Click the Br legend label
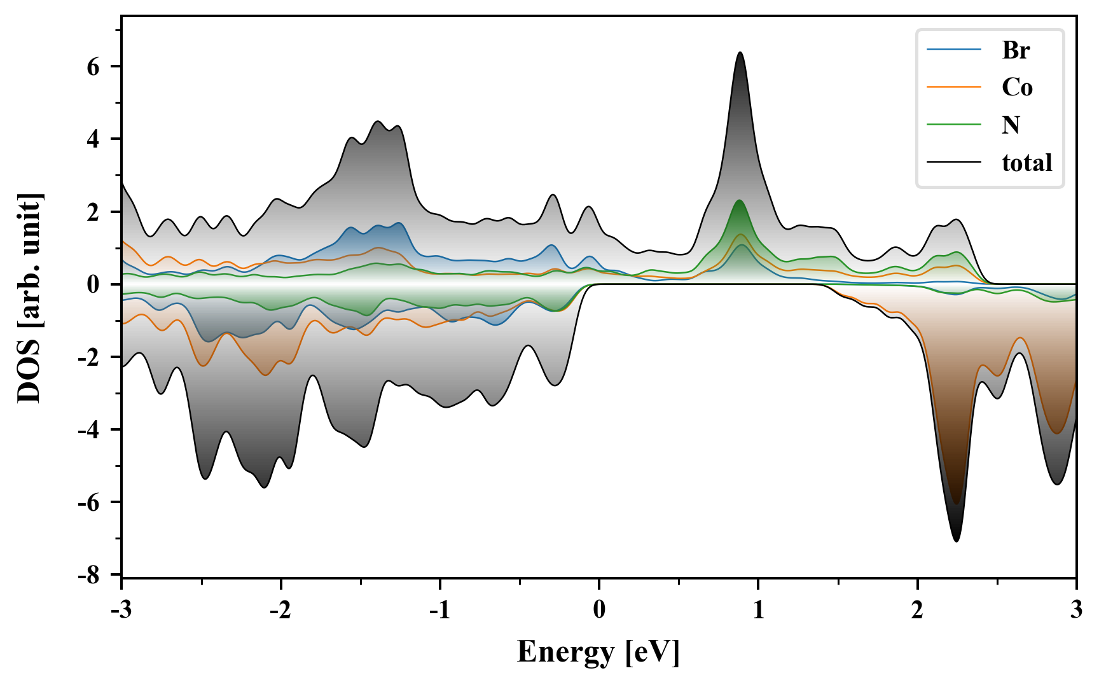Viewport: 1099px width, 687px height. click(1016, 50)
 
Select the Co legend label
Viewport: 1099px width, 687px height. click(1017, 87)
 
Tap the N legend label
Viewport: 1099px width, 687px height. click(1011, 125)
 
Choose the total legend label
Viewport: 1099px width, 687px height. click(1027, 163)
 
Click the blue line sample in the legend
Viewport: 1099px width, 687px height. click(954, 50)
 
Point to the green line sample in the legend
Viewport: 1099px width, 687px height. click(954, 125)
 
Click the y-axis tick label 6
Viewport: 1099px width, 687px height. click(93, 67)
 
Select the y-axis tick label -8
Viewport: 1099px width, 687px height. click(89, 576)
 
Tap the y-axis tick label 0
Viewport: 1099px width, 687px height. click(93, 284)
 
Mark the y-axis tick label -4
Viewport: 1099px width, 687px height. click(89, 430)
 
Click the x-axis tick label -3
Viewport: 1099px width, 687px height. click(121, 610)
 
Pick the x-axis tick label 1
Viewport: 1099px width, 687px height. click(758, 610)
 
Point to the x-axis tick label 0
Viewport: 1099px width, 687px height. click(599, 610)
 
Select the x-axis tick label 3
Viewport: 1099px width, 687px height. click(1076, 610)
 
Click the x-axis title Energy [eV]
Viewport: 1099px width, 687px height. click(598, 652)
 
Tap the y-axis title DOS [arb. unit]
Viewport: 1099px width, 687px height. click(29, 298)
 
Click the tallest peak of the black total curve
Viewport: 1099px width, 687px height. click(740, 53)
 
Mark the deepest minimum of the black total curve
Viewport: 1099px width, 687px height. click(957, 541)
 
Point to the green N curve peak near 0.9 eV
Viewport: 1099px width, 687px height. click(739, 200)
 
